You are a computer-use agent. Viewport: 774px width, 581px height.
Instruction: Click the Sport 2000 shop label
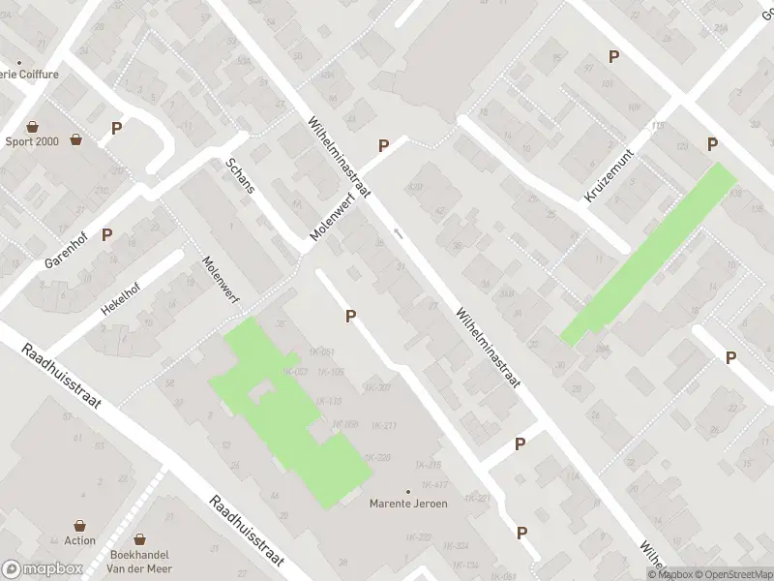tap(32, 140)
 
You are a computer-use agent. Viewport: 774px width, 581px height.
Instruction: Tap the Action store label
tap(80, 540)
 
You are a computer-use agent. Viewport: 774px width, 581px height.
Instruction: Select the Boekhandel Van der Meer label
tap(140, 562)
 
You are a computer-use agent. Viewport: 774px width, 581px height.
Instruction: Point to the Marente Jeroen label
tap(408, 504)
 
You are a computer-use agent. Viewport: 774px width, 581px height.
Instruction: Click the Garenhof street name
tap(66, 250)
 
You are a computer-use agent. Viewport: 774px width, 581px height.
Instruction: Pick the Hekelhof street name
tap(120, 295)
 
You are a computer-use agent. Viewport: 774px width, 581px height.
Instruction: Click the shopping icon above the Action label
tap(80, 523)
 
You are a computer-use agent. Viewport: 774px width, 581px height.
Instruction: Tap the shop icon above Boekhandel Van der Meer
tap(140, 538)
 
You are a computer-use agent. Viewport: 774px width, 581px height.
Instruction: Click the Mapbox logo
tap(43, 569)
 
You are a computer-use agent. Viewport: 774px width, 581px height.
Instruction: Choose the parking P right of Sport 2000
tap(117, 127)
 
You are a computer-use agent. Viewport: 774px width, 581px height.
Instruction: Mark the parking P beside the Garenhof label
tap(107, 233)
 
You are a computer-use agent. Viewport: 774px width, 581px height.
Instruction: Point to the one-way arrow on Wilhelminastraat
tap(399, 233)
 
